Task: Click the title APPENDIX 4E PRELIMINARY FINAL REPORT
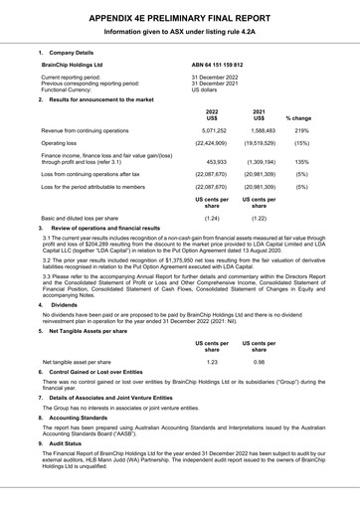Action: tap(179, 17)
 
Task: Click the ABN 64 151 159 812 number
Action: tap(217, 64)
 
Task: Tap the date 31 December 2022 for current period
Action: tap(216, 77)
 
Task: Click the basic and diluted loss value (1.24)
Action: tap(211, 217)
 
